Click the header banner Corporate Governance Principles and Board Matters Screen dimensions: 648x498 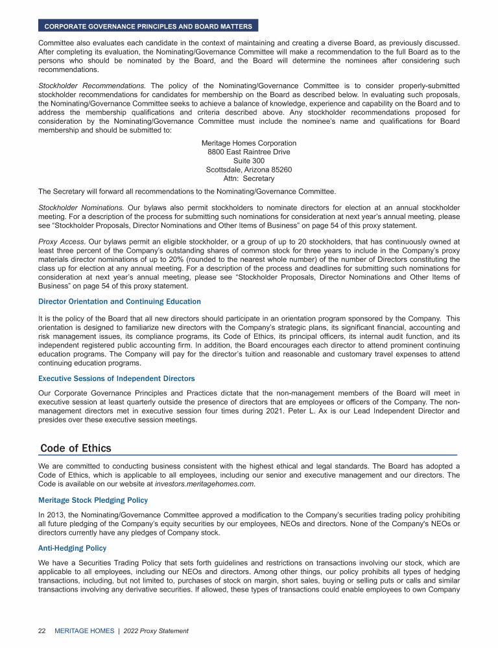pyautogui.click(x=148, y=26)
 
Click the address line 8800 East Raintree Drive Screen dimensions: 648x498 pyautogui.click(x=249, y=152)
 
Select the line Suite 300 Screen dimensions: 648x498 pyautogui.click(x=249, y=161)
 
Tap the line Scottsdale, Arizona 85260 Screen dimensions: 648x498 pyautogui.click(x=249, y=170)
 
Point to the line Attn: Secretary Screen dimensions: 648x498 pyautogui.click(x=249, y=179)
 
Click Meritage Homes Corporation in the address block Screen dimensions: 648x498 pyautogui.click(x=249, y=143)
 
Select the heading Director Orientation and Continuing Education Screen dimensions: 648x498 pyautogui.click(x=119, y=301)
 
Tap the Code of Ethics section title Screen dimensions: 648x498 pyautogui.click(x=75, y=448)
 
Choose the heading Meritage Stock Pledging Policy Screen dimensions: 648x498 pyautogui.click(x=93, y=500)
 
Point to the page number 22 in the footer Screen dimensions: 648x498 pyautogui.click(x=42, y=631)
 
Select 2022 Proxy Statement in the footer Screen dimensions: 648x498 pyautogui.click(x=156, y=631)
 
